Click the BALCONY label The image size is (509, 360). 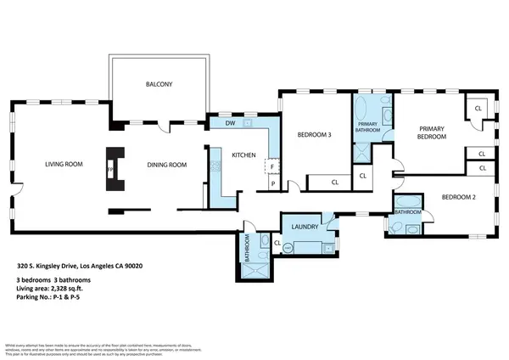[x=159, y=84]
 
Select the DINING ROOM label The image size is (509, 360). [x=166, y=165]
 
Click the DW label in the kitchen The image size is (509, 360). [x=230, y=124]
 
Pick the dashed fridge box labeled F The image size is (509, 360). [x=272, y=167]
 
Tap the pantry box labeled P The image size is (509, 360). [x=272, y=183]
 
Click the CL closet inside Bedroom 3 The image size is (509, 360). [x=334, y=181]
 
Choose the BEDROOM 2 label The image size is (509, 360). [x=459, y=197]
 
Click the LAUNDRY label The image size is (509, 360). [x=303, y=227]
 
